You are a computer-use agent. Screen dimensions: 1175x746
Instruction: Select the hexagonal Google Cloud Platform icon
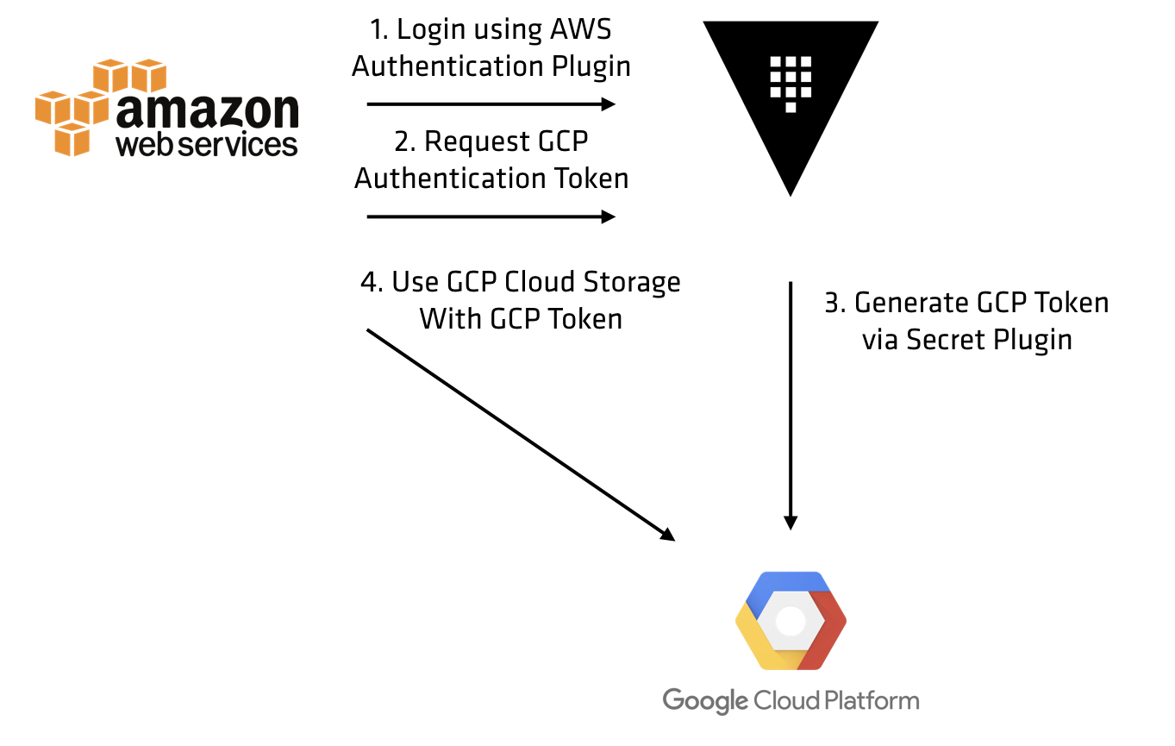(791, 621)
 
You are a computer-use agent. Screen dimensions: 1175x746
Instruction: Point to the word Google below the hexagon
(705, 701)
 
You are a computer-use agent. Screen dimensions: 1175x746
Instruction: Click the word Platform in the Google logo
(872, 700)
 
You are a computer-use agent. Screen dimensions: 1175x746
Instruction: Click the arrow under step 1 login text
(491, 104)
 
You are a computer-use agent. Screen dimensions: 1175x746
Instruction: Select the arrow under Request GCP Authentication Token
(491, 216)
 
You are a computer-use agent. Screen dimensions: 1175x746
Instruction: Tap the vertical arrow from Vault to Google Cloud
(791, 406)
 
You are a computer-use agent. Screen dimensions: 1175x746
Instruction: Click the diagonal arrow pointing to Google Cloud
(521, 435)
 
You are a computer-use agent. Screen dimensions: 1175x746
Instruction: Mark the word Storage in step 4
(632, 283)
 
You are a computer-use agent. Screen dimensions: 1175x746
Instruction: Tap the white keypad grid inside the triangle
(791, 84)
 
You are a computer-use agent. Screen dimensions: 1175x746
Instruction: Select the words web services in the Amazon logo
(207, 145)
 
